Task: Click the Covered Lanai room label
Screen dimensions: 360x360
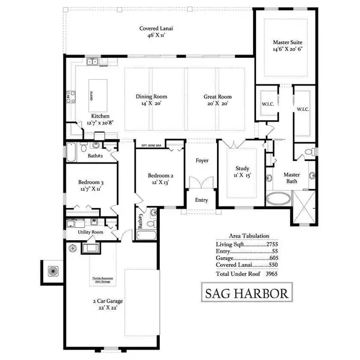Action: tap(152, 29)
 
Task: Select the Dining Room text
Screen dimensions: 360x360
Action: tap(151, 97)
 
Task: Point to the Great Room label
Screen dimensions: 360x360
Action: tap(218, 97)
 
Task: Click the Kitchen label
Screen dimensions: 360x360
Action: tap(100, 116)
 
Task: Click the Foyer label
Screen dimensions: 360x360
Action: tap(202, 161)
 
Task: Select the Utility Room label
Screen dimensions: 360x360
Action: tap(90, 232)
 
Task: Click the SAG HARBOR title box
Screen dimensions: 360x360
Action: tap(247, 294)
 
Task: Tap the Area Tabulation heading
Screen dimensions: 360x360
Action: tap(248, 236)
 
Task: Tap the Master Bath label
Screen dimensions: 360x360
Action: tap(291, 178)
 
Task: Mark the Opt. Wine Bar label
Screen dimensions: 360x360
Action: tap(151, 145)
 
